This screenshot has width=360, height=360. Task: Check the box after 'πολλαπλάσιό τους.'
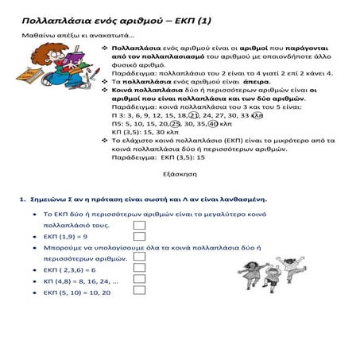(140, 226)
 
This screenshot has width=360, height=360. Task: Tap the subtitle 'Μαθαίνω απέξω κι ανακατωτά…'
(76, 36)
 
